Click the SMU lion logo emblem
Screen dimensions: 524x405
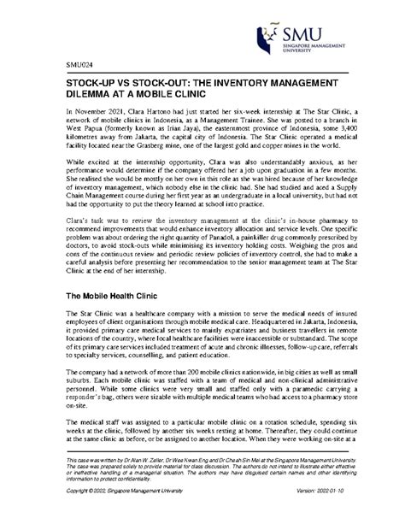pyautogui.click(x=271, y=35)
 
